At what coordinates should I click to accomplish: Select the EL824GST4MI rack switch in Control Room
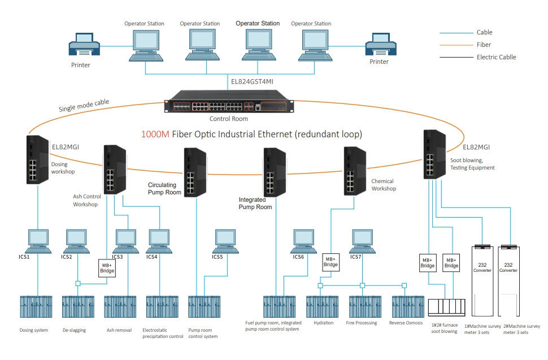point(229,102)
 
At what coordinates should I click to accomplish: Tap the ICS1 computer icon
point(38,240)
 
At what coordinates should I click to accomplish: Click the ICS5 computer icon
point(225,240)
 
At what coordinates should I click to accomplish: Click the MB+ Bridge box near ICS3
point(107,267)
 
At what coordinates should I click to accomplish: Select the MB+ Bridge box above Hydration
point(330,262)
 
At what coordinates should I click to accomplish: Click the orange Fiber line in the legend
point(456,45)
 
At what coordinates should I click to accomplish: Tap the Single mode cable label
point(84,106)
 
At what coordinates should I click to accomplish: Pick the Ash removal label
point(119,330)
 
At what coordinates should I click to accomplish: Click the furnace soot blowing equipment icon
point(446,307)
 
